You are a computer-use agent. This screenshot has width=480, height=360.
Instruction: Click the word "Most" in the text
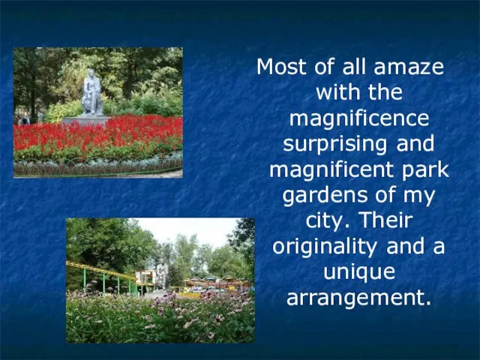pyautogui.click(x=281, y=67)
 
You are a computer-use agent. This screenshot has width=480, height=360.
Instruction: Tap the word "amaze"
pyautogui.click(x=409, y=67)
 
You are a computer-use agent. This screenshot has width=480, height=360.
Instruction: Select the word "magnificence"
pyautogui.click(x=359, y=119)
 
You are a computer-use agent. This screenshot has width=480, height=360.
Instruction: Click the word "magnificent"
pyautogui.click(x=331, y=170)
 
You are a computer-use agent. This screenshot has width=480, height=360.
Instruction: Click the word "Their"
pyautogui.click(x=385, y=220)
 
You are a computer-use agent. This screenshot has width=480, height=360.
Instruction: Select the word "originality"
pyautogui.click(x=325, y=247)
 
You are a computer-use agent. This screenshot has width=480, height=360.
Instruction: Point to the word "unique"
pyautogui.click(x=359, y=273)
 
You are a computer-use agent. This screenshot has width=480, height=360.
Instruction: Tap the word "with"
pyautogui.click(x=337, y=92)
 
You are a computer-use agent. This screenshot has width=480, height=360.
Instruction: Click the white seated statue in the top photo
pyautogui.click(x=91, y=93)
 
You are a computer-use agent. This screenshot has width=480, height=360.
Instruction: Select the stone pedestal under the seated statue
pyautogui.click(x=86, y=121)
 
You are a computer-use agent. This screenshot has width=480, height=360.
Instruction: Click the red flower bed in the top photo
pyautogui.click(x=98, y=135)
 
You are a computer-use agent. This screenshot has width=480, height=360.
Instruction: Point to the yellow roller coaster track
pyautogui.click(x=101, y=271)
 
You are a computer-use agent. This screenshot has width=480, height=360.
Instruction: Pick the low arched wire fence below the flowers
pyautogui.click(x=98, y=166)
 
